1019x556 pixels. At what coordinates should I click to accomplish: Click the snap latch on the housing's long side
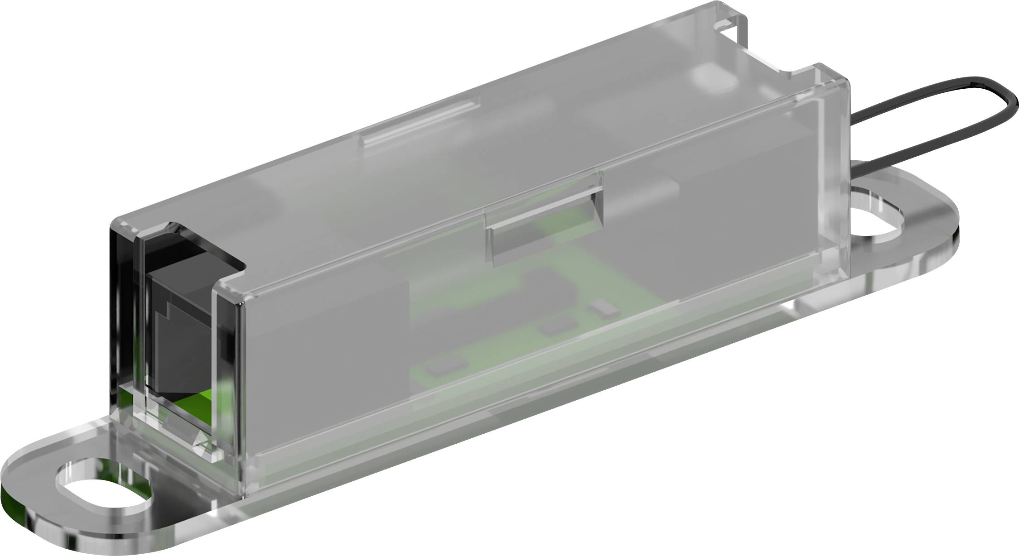[544, 235]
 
